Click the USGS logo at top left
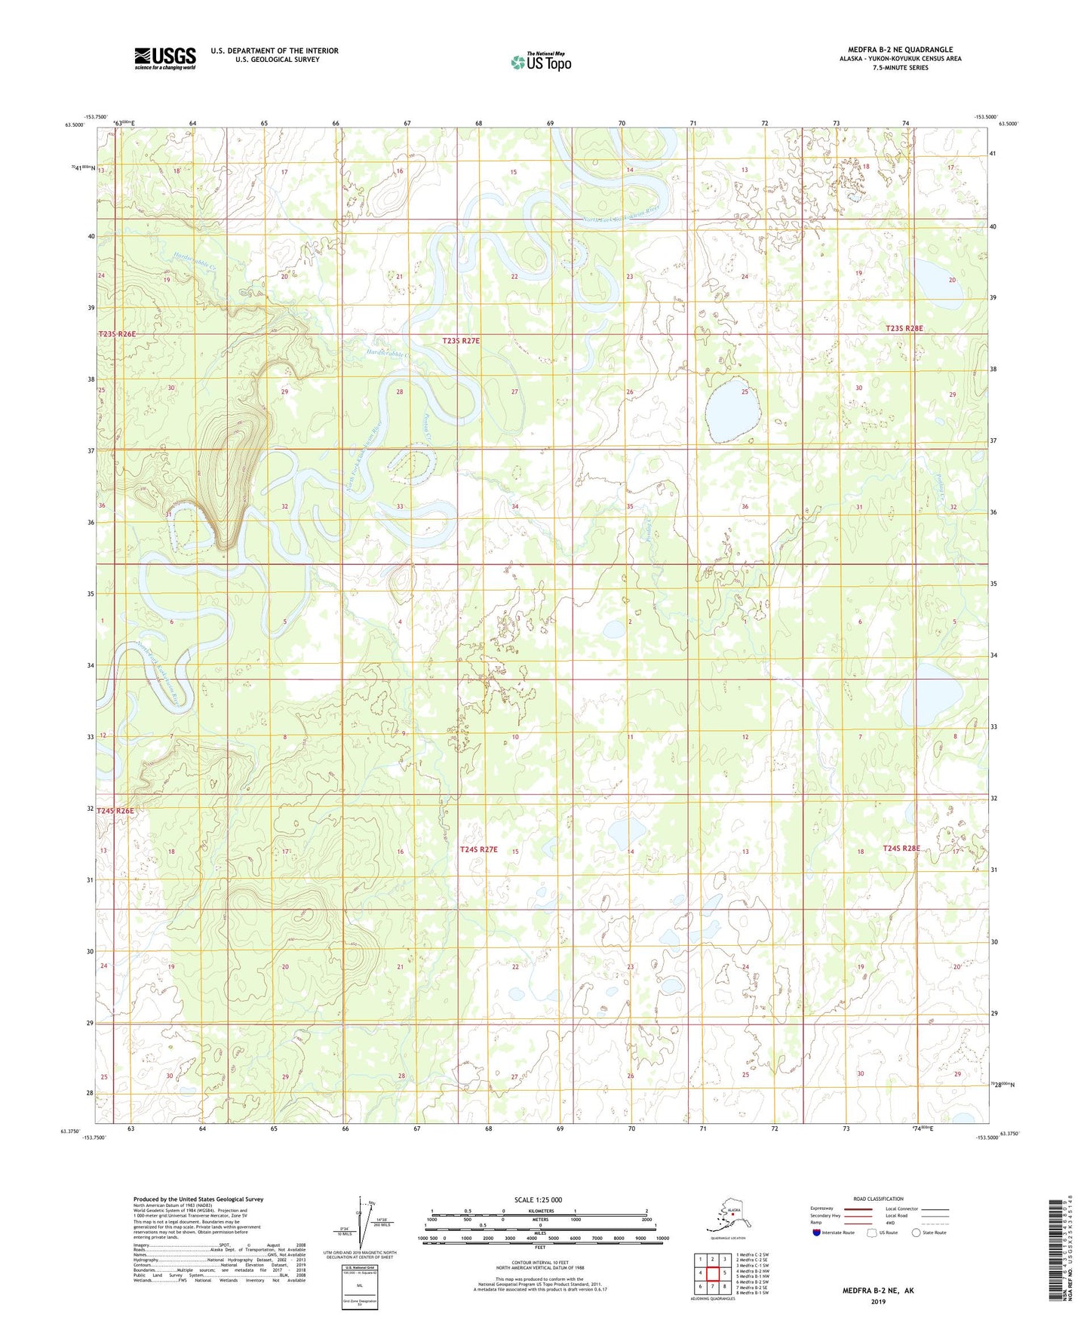pos(164,58)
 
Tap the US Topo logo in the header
pos(540,62)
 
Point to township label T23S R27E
pos(461,341)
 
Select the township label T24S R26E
pos(115,811)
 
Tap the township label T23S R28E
pos(904,329)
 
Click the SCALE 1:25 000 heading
pos(538,1199)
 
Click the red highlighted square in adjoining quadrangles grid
pos(712,1272)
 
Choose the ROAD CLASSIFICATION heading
pos(878,1199)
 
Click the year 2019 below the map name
pos(877,1302)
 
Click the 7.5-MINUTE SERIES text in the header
pos(899,68)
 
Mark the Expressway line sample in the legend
pos(858,1208)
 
